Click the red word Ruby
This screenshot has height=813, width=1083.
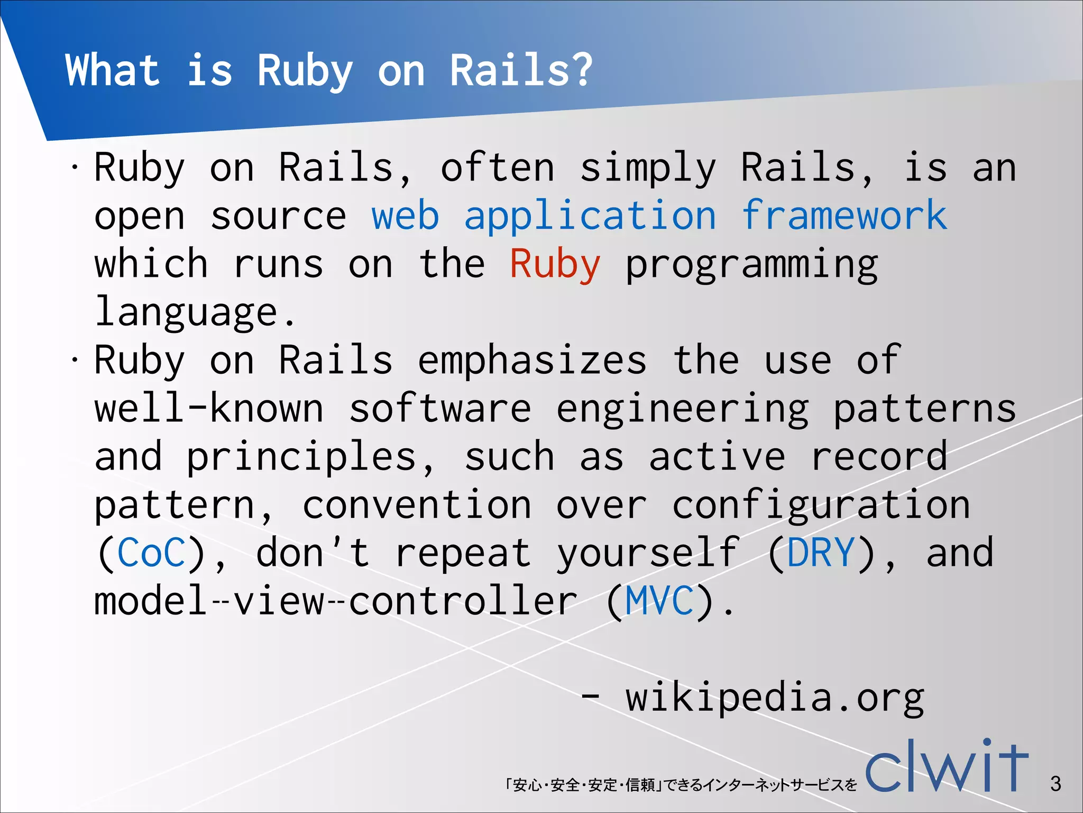click(555, 264)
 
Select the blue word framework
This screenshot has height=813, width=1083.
click(844, 216)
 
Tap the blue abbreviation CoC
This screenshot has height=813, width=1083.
click(152, 553)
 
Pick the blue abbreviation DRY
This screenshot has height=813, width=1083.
click(821, 553)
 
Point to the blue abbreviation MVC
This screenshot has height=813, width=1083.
click(659, 601)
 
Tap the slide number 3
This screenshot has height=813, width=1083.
click(1056, 784)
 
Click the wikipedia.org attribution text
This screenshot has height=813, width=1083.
click(774, 698)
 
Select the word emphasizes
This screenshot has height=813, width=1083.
click(532, 360)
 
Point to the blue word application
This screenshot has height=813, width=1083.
click(590, 216)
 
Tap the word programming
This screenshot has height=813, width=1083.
click(751, 264)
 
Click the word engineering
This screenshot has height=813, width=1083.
click(682, 409)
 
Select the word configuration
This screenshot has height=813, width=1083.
click(821, 505)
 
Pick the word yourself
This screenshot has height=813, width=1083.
click(648, 553)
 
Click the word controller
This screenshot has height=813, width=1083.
click(463, 601)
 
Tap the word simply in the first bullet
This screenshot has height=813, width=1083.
click(648, 168)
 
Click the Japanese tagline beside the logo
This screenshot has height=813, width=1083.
click(681, 784)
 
